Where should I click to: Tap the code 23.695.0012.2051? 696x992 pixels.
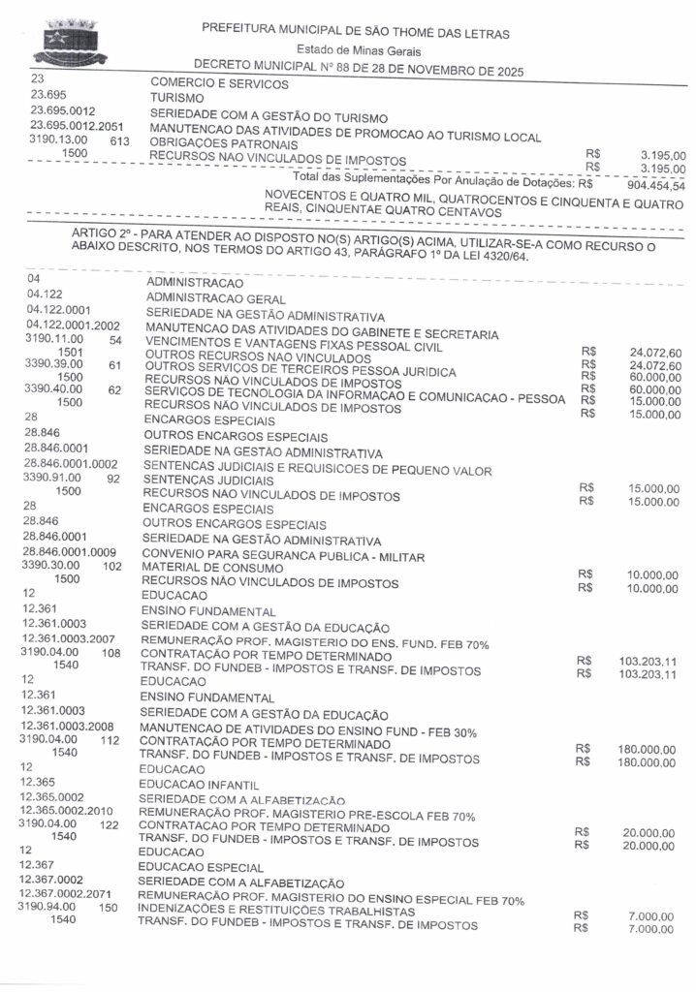78,126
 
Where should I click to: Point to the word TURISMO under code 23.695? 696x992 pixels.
177,98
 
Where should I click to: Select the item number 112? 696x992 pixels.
110,741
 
